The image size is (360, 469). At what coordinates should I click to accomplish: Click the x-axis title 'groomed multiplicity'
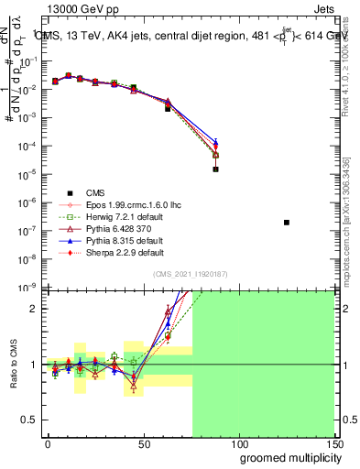[287, 457]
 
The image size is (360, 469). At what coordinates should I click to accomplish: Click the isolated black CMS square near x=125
[287, 223]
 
